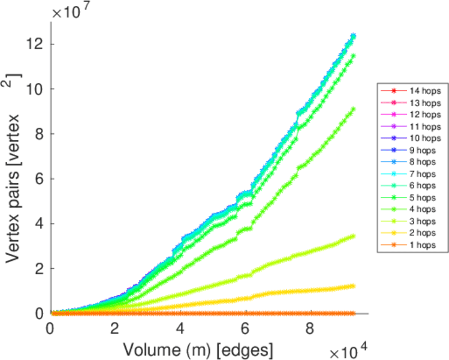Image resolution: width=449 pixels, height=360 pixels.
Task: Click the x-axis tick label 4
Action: (x=180, y=329)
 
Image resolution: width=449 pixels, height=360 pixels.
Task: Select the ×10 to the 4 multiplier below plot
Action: (x=343, y=348)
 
